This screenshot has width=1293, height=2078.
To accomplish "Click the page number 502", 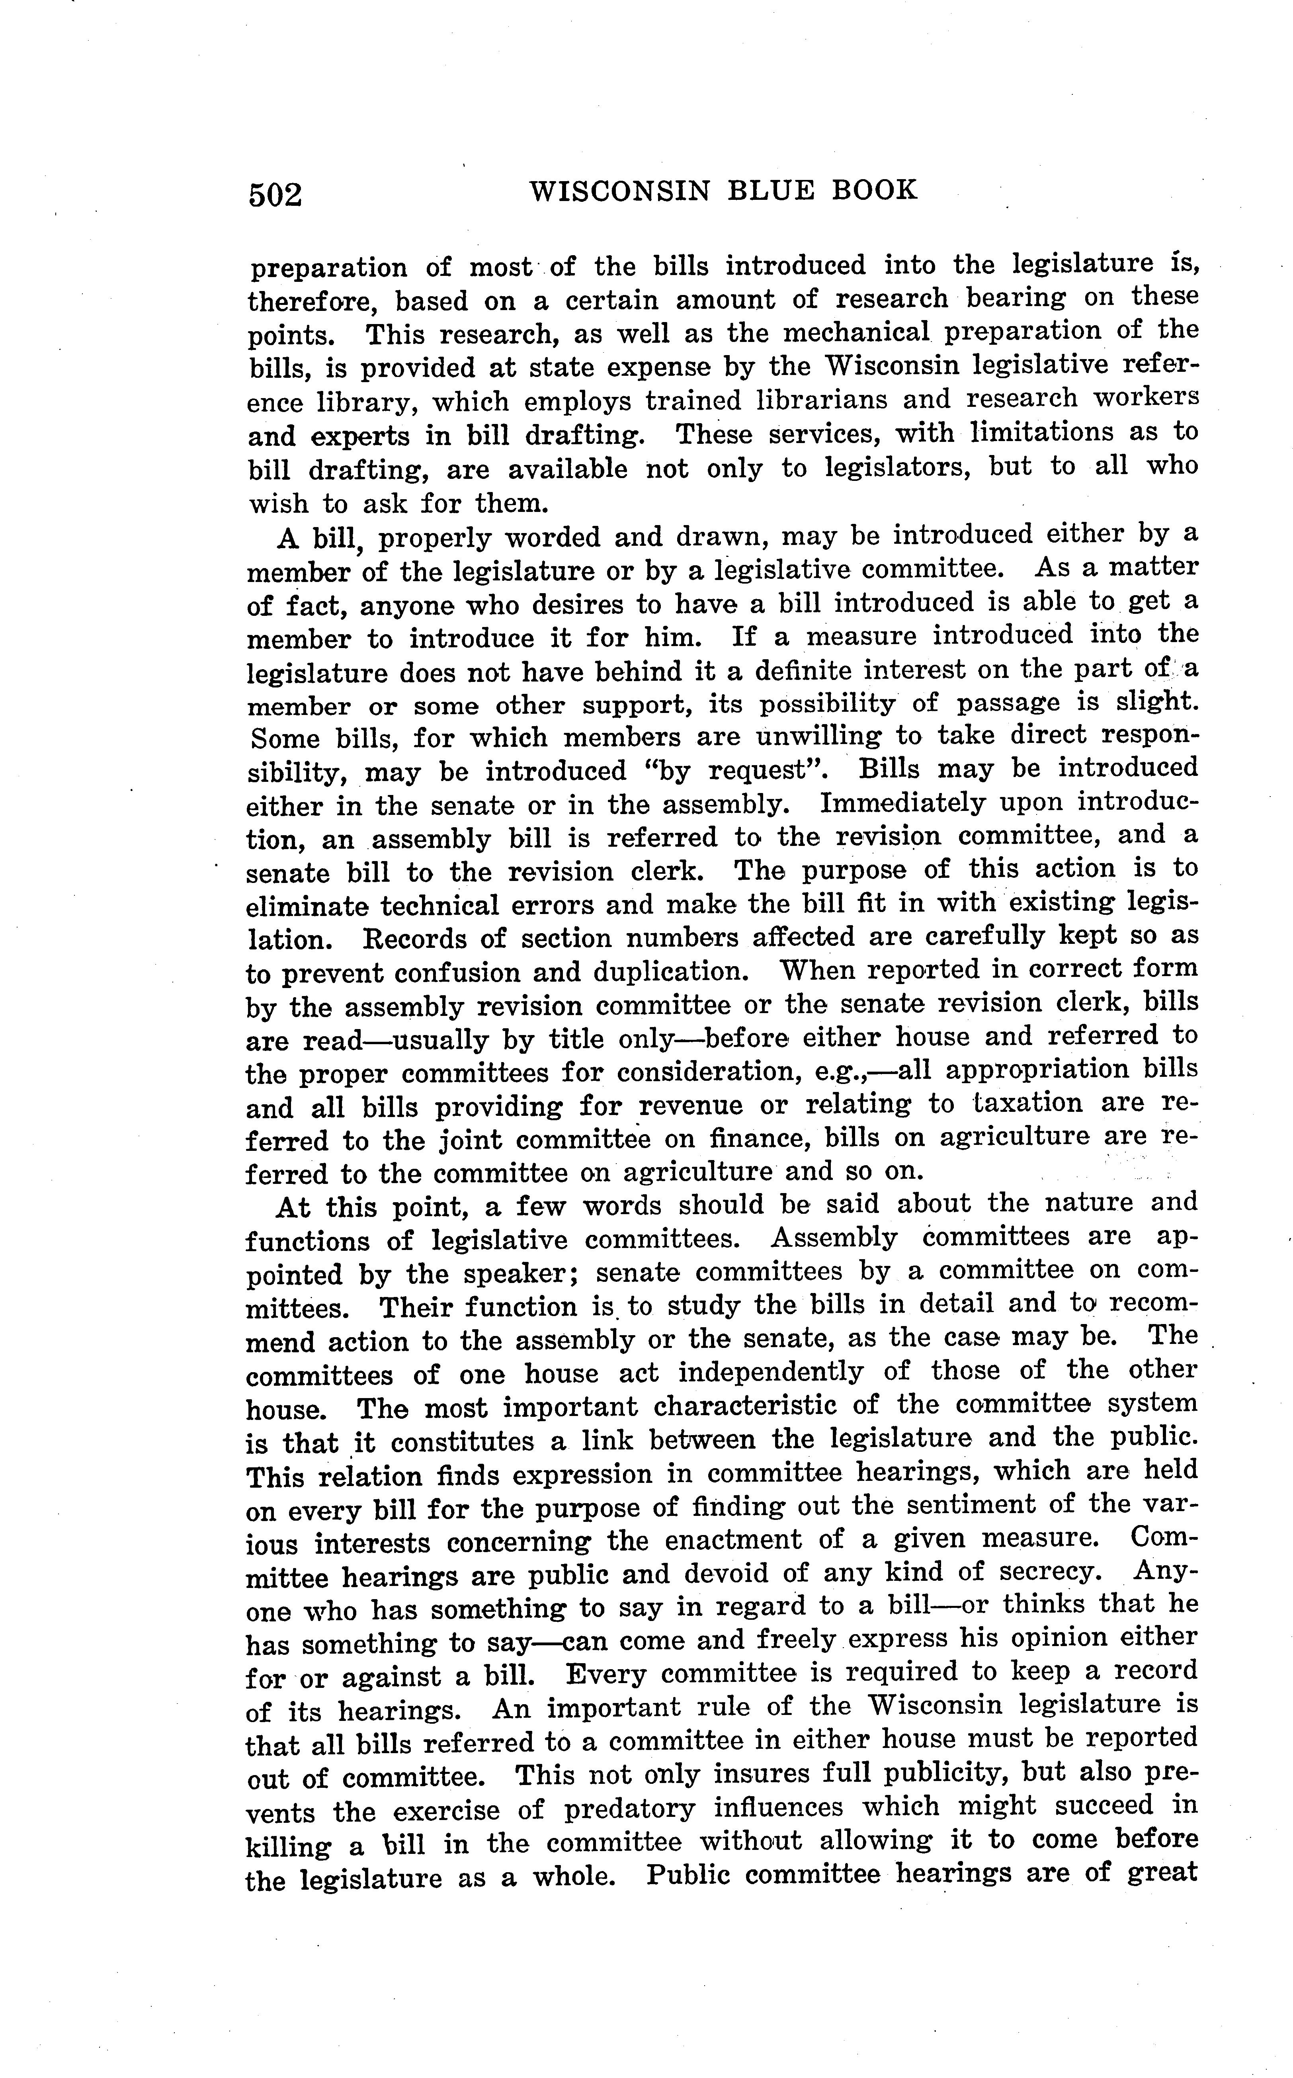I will (275, 195).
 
